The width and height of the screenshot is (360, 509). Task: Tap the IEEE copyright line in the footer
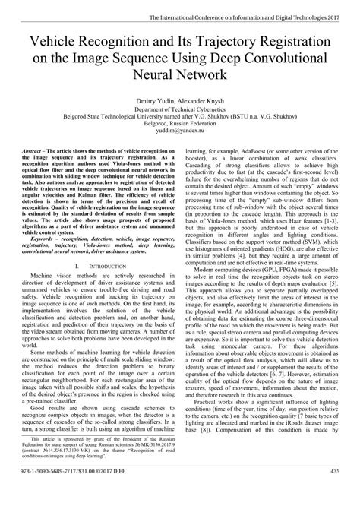point(68,497)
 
